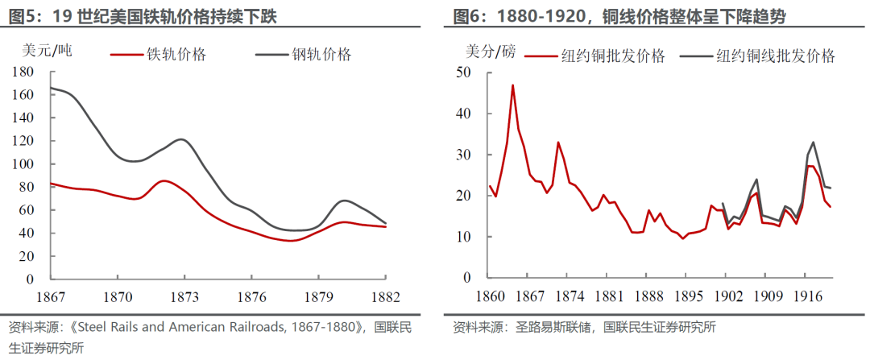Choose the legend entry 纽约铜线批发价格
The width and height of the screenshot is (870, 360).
(x=773, y=56)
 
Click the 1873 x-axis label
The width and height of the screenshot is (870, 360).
(x=184, y=296)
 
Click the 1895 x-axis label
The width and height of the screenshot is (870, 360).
(x=682, y=296)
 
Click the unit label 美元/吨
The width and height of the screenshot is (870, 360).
(x=48, y=50)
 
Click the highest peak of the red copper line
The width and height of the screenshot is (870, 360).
(x=512, y=85)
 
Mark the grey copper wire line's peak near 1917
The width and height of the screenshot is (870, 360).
(x=813, y=143)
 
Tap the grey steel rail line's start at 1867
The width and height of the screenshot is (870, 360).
(x=51, y=88)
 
